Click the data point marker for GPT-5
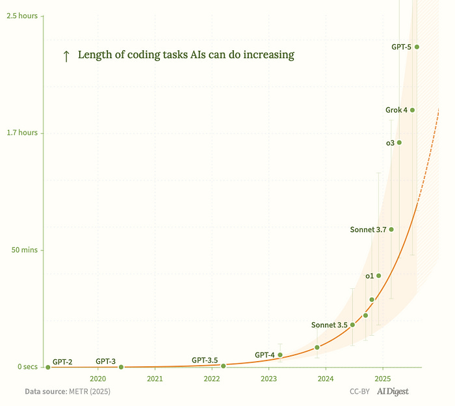[417, 47]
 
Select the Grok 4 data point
[412, 110]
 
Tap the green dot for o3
[399, 142]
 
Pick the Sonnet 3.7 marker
[391, 229]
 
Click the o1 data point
[379, 276]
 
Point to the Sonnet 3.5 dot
[352, 325]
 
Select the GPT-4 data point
[280, 355]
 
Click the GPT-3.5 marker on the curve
[223, 366]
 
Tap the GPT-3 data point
[121, 367]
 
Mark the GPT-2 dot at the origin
[47, 367]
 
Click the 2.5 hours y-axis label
[21, 16]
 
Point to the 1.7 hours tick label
[21, 133]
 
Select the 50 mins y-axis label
[23, 250]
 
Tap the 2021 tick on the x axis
[155, 379]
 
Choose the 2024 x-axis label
[326, 379]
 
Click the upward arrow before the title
[66, 56]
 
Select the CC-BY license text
[360, 392]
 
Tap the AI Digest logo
[393, 392]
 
